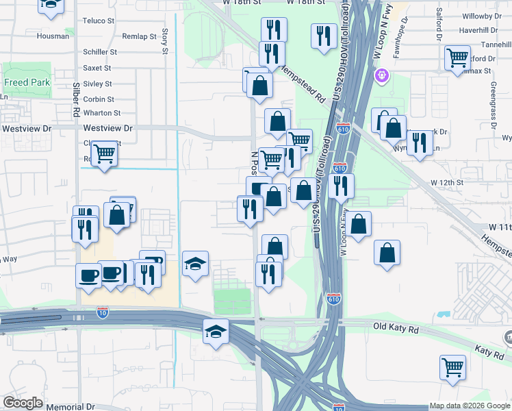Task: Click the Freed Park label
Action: tap(26, 83)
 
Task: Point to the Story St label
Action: tap(165, 41)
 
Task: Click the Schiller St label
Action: tap(100, 51)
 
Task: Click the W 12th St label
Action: tap(446, 183)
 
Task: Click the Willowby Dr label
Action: tap(482, 15)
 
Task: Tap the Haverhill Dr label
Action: tap(482, 30)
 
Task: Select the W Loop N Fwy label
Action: tap(344, 232)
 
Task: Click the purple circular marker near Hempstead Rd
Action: tap(381, 75)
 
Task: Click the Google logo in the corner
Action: tap(23, 403)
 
